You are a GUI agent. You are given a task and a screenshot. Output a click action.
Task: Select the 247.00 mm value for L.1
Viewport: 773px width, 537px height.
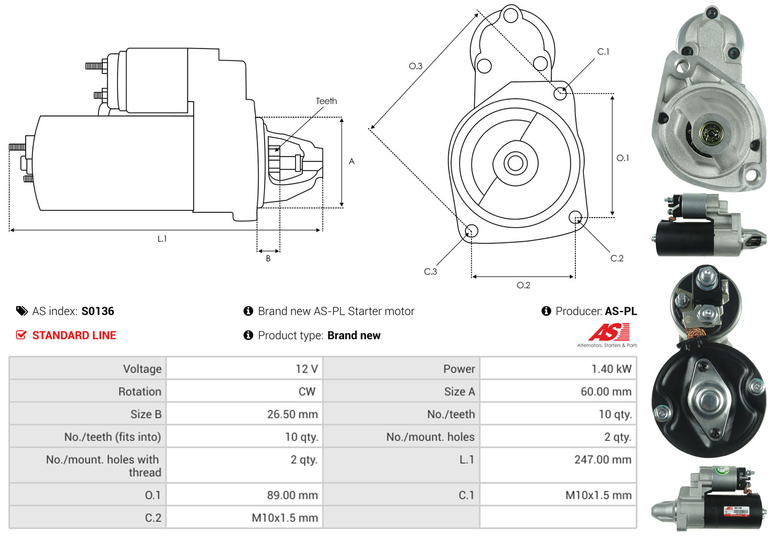pos(604,460)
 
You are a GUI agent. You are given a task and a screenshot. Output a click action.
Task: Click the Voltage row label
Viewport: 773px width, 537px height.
pos(142,369)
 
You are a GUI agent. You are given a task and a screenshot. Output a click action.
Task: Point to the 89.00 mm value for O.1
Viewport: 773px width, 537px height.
pos(292,495)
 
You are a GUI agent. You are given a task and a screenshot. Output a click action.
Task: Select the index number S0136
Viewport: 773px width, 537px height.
pos(98,311)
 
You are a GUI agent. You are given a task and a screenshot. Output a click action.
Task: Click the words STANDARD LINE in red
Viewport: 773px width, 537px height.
pos(74,335)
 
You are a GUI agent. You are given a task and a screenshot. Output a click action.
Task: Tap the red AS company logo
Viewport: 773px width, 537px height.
pos(609,332)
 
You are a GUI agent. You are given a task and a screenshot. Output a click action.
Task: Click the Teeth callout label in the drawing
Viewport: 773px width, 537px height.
pos(326,101)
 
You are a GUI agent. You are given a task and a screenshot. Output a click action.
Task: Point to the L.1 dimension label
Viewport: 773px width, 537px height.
pos(162,239)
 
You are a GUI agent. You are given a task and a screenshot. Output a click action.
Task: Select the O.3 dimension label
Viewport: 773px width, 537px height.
pos(416,66)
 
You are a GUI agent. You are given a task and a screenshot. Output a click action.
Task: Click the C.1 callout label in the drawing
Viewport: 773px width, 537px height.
pos(603,51)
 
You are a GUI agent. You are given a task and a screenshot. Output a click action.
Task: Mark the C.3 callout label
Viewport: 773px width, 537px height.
pos(431,271)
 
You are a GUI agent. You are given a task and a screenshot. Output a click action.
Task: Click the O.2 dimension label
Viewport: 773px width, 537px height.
pos(523,285)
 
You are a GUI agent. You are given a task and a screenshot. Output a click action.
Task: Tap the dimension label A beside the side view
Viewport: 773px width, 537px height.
pos(352,161)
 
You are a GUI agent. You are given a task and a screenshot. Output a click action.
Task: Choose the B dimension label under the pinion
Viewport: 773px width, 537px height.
pos(268,258)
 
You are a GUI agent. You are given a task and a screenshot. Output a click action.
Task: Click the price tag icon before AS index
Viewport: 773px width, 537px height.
pos(22,311)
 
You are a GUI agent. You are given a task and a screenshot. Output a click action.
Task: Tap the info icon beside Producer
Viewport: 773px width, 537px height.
pos(546,311)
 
